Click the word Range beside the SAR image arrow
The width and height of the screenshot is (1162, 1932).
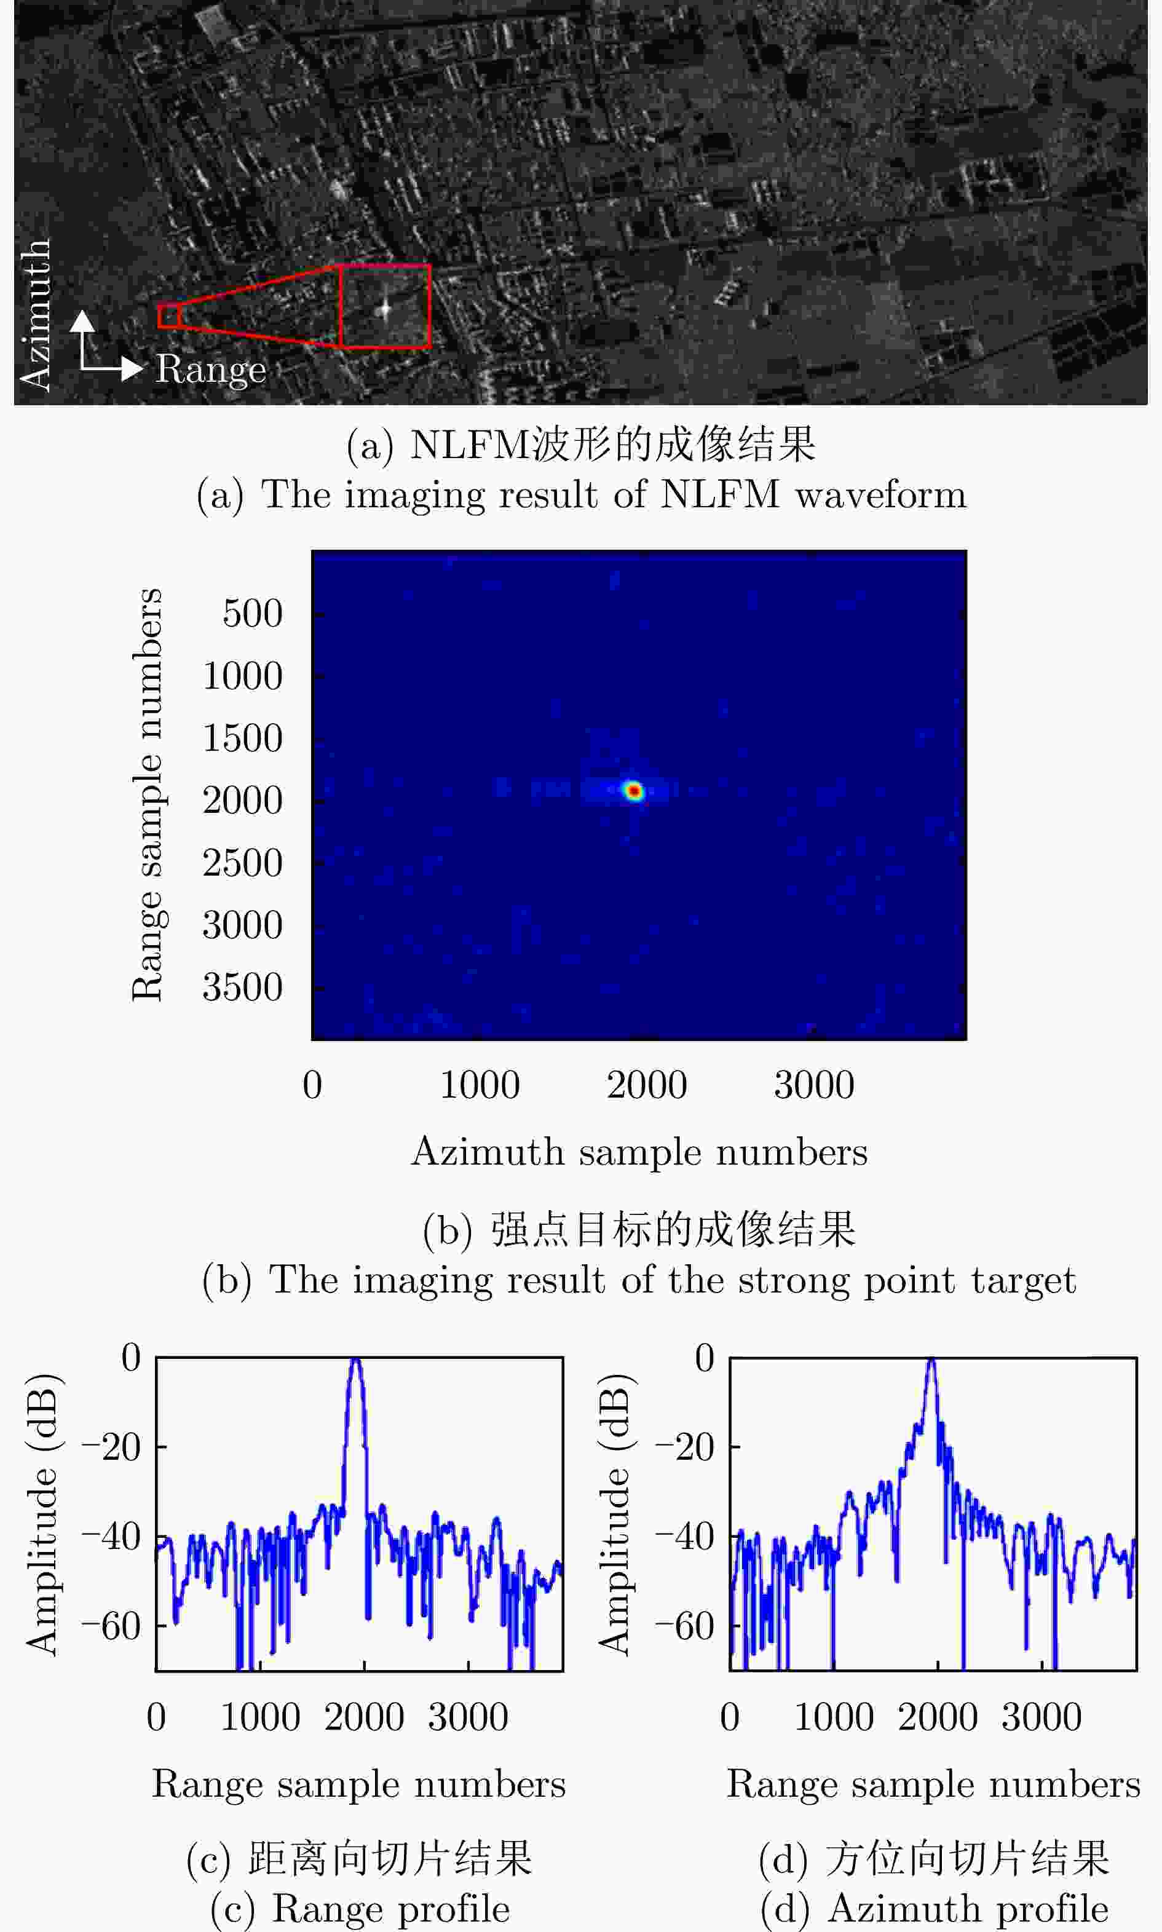(x=210, y=369)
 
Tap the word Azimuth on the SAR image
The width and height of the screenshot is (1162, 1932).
(x=35, y=313)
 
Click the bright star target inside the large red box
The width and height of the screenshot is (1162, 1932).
(x=384, y=309)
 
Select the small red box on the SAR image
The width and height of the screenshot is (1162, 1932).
(x=168, y=315)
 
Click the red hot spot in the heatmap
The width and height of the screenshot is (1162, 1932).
(x=633, y=791)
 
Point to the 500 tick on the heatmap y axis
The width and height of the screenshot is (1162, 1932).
(x=252, y=613)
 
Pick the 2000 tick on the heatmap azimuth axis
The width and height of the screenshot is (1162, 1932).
(x=646, y=1085)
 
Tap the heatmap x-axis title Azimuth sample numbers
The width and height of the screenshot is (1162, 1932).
(x=639, y=1152)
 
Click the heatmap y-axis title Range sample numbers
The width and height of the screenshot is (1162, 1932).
(x=147, y=795)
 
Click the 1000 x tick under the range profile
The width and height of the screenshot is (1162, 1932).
(x=260, y=1718)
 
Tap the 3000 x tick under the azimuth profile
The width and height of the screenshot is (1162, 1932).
(x=1041, y=1718)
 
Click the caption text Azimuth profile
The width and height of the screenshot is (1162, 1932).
(x=968, y=1909)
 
